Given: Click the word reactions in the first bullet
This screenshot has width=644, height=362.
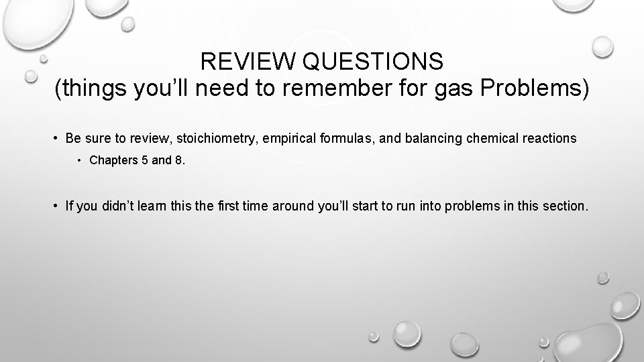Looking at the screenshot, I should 551,138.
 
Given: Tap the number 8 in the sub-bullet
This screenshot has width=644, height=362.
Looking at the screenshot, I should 178,160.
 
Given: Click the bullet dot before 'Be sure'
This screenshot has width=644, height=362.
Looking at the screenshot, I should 56,139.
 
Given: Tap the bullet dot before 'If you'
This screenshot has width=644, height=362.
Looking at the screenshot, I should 56,206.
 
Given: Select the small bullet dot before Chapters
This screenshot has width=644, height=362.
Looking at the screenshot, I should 79,161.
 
